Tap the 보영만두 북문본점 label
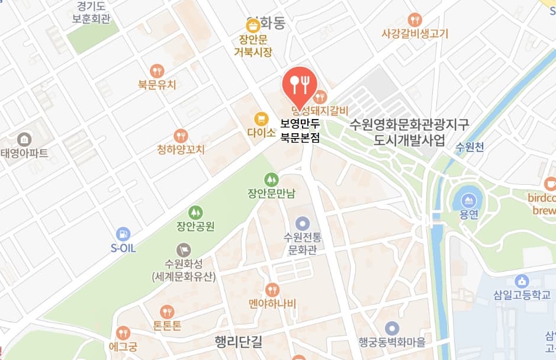pos(300,131)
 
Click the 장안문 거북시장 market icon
pos(253,25)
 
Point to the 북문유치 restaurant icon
pos(157,70)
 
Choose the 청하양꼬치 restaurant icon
pos(181,136)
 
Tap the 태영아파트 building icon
pos(24,140)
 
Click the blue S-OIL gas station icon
pos(123,234)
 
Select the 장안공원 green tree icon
pos(195,212)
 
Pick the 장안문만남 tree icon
pos(271,178)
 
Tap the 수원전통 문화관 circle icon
pos(303,223)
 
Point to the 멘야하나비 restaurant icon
pos(272,290)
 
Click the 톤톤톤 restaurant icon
pos(168,311)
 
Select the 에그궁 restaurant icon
pos(123,333)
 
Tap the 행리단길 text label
pos(239,342)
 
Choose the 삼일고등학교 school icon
pos(522,281)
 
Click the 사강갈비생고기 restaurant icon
pos(415,20)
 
